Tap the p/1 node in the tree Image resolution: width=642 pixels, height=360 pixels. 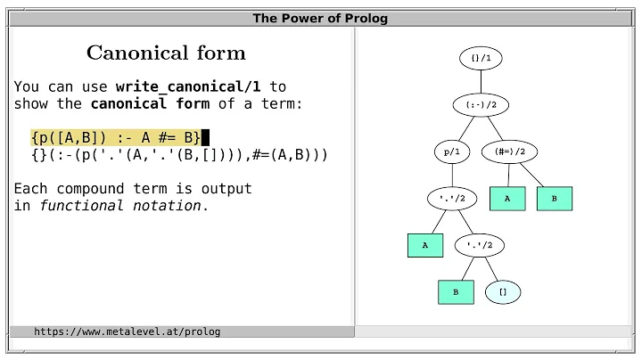pyautogui.click(x=451, y=151)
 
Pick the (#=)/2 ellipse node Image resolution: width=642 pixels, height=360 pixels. pyautogui.click(x=510, y=151)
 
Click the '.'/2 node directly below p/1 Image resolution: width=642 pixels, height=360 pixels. pyautogui.click(x=451, y=198)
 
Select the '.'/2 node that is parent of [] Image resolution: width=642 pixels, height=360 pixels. pyautogui.click(x=481, y=245)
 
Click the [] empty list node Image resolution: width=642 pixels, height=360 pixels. pyautogui.click(x=503, y=291)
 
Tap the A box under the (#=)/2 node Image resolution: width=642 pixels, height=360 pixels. pyautogui.click(x=507, y=199)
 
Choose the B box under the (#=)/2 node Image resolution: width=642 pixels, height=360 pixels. pyautogui.click(x=554, y=199)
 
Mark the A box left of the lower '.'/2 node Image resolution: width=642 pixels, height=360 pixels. pyautogui.click(x=425, y=245)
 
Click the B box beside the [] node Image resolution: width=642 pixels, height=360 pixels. pyautogui.click(x=456, y=291)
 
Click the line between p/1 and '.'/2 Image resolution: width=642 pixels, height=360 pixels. pyautogui.click(x=451, y=175)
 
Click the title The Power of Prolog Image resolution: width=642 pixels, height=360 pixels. pyautogui.click(x=320, y=18)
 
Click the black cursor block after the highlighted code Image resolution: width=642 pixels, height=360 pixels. pyautogui.click(x=205, y=137)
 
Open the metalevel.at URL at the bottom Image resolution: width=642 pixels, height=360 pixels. pyautogui.click(x=127, y=331)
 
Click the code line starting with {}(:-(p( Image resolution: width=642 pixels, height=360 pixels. pyautogui.click(x=178, y=155)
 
